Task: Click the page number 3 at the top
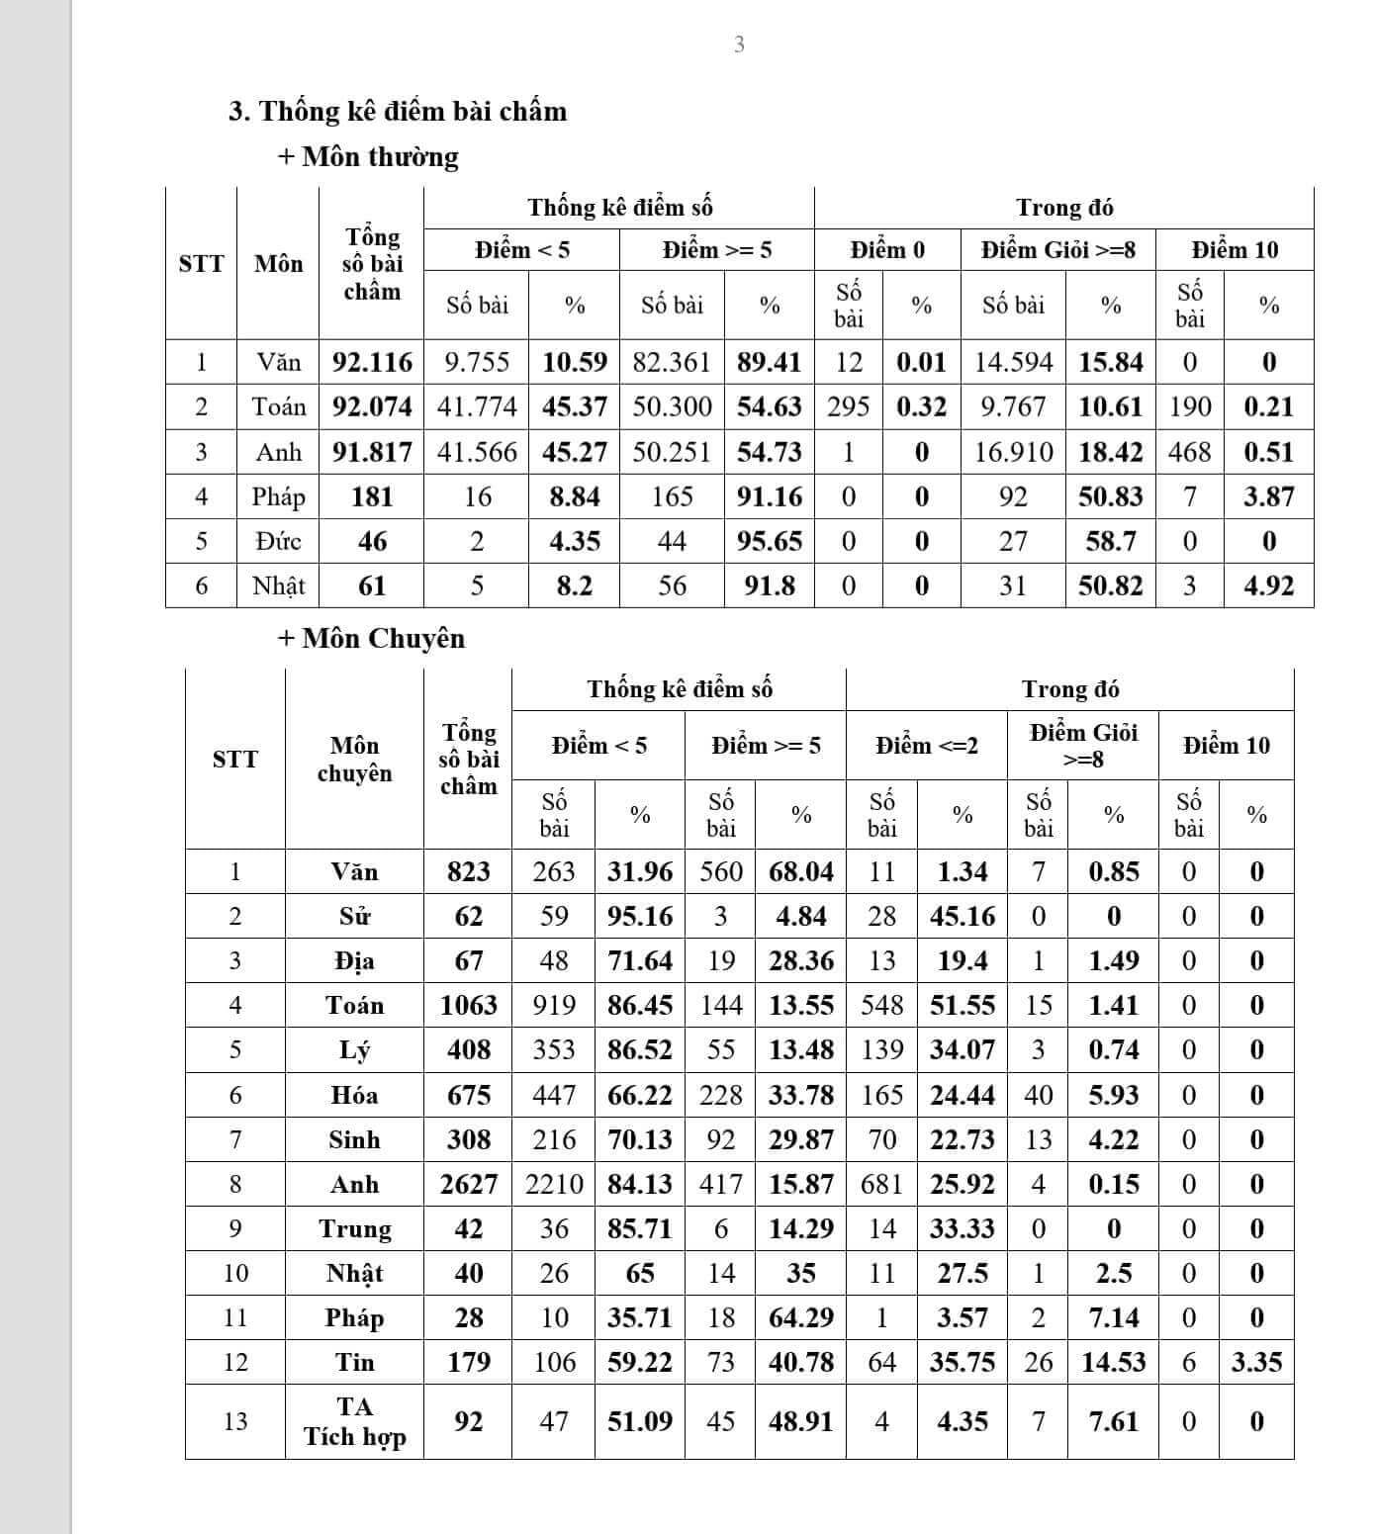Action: (739, 44)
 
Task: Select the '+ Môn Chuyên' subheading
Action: (371, 638)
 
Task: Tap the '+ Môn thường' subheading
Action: (368, 156)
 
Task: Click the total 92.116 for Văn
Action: (372, 362)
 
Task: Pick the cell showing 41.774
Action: (477, 406)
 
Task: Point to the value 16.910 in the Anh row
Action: (1013, 452)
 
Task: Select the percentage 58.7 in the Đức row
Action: (1111, 541)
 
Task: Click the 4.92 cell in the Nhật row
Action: (1268, 586)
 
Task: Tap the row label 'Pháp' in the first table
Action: (278, 496)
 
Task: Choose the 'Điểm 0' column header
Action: (887, 250)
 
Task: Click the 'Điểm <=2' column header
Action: (926, 746)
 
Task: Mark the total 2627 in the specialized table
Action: (468, 1184)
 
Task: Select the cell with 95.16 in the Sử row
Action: (640, 916)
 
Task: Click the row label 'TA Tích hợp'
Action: (354, 1421)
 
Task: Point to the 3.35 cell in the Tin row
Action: (1256, 1362)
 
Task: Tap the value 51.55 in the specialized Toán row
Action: (962, 1005)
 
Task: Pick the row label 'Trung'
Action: (354, 1228)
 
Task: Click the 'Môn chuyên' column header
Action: (354, 759)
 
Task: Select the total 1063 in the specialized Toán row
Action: (468, 1005)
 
